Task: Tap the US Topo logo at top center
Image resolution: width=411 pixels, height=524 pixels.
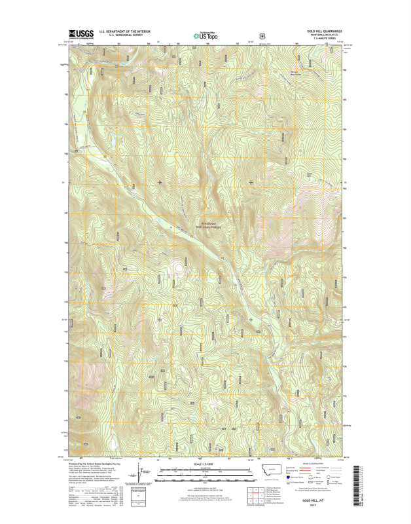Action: tap(205, 36)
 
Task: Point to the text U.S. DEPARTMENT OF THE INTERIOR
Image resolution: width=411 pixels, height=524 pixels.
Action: tap(125, 31)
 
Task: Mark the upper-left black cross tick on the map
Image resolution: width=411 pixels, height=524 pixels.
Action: tap(160, 181)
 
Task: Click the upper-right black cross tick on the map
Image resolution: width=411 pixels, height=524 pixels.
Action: tap(251, 181)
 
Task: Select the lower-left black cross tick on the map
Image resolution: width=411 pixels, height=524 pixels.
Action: tap(160, 320)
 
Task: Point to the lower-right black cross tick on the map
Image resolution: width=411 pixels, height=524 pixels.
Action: tap(251, 320)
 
